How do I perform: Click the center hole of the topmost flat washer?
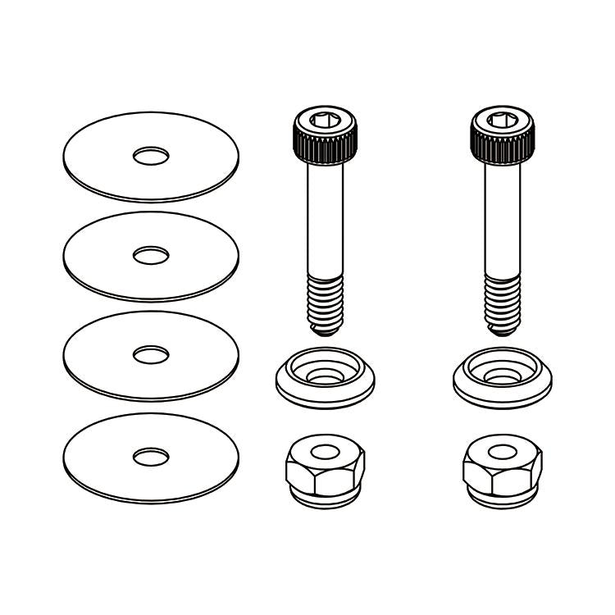coord(151,154)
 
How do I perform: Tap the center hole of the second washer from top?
coord(151,255)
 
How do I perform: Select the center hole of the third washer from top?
coord(151,355)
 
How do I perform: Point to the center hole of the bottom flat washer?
coord(151,456)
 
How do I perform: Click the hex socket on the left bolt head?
coord(326,121)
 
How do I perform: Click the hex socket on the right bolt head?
coord(502,121)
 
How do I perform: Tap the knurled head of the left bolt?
coord(326,146)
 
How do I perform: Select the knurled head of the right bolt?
coord(502,146)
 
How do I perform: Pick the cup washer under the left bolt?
coord(326,389)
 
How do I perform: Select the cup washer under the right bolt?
coord(502,389)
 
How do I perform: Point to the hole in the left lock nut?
coord(326,451)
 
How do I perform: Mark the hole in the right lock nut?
coord(502,451)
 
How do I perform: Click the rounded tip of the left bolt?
coord(326,330)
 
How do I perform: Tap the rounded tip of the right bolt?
coord(503,330)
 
